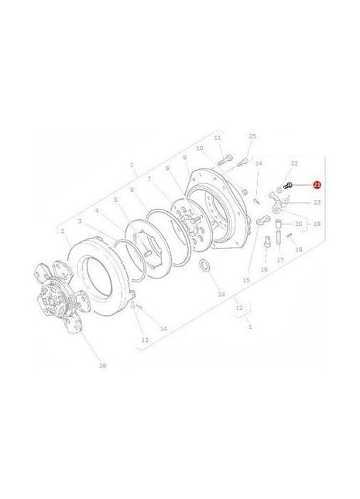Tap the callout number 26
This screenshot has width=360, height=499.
[x=102, y=366]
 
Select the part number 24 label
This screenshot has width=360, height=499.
[x=200, y=295]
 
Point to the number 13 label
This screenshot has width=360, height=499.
[x=144, y=340]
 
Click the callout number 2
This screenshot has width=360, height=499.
[x=62, y=231]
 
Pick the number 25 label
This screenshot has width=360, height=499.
[x=252, y=136]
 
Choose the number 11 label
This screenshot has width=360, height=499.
[x=218, y=138]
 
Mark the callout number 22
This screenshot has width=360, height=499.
[x=293, y=163]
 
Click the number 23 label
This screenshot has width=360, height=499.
[x=295, y=202]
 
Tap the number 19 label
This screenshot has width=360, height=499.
[x=315, y=224]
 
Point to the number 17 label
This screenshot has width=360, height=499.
[x=280, y=260]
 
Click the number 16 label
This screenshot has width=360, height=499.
[x=263, y=270]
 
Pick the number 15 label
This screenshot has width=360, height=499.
[x=246, y=279]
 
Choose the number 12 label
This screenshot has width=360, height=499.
[x=239, y=307]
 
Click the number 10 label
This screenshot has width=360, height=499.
[x=200, y=149]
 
